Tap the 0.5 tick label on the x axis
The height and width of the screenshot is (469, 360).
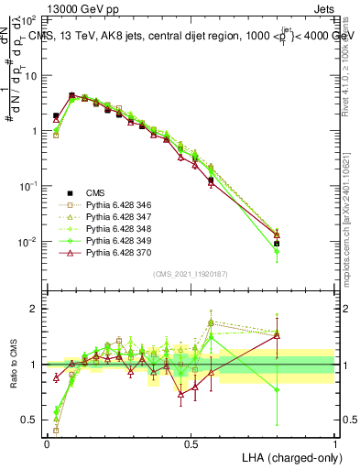pos(191,442)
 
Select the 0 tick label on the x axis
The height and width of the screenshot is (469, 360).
pos(47,442)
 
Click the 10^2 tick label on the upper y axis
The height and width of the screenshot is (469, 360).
pos(27,20)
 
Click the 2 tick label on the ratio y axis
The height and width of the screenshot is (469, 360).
pos(35,309)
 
